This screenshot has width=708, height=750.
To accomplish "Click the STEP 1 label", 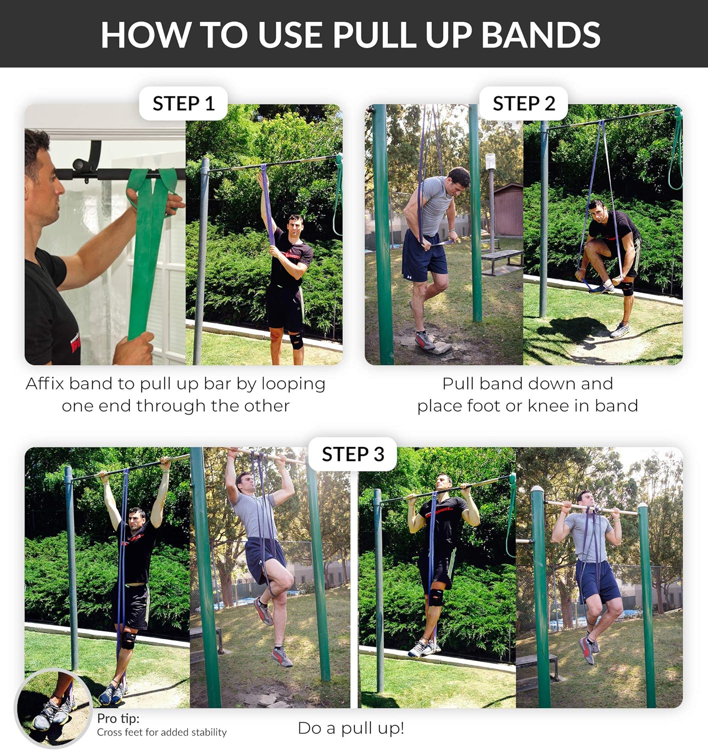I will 183,103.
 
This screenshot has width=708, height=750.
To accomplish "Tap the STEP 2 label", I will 523,103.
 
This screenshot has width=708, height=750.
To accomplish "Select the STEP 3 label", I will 352,454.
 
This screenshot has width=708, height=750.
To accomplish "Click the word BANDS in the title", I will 540,34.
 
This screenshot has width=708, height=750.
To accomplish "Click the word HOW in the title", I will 145,34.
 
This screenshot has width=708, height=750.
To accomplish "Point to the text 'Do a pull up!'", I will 350,728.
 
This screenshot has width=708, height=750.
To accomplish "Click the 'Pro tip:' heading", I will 118,718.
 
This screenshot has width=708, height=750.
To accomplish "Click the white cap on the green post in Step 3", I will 536,489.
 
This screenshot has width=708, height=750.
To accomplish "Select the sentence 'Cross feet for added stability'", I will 161,732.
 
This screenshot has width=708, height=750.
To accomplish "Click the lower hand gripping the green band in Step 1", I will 135,347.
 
